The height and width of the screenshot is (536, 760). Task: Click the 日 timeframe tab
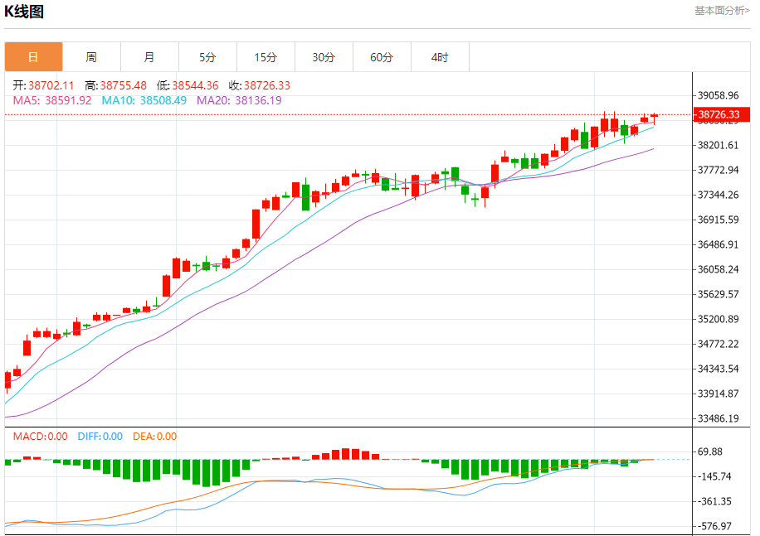coord(33,57)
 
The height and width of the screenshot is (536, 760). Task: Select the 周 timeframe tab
coord(91,57)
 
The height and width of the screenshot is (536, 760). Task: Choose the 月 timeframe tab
coord(149,57)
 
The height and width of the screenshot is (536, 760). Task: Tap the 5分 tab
coord(207,57)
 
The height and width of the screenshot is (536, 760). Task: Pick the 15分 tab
coord(266,57)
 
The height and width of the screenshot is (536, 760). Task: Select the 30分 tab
coord(324,57)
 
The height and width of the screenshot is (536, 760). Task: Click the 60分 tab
coord(382,57)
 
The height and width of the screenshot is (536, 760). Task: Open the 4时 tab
coord(440,57)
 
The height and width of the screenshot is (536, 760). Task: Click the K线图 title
coord(25,12)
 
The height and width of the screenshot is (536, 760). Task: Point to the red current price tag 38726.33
coord(719,114)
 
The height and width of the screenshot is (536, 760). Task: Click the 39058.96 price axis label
coord(719,96)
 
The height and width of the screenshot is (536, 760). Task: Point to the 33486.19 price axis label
coord(719,419)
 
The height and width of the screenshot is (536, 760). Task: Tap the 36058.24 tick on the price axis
coord(719,270)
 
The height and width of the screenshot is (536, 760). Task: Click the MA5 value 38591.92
coord(68,100)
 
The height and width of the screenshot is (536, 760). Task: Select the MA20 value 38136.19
coord(258,100)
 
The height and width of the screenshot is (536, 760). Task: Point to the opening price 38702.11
coord(51,85)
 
